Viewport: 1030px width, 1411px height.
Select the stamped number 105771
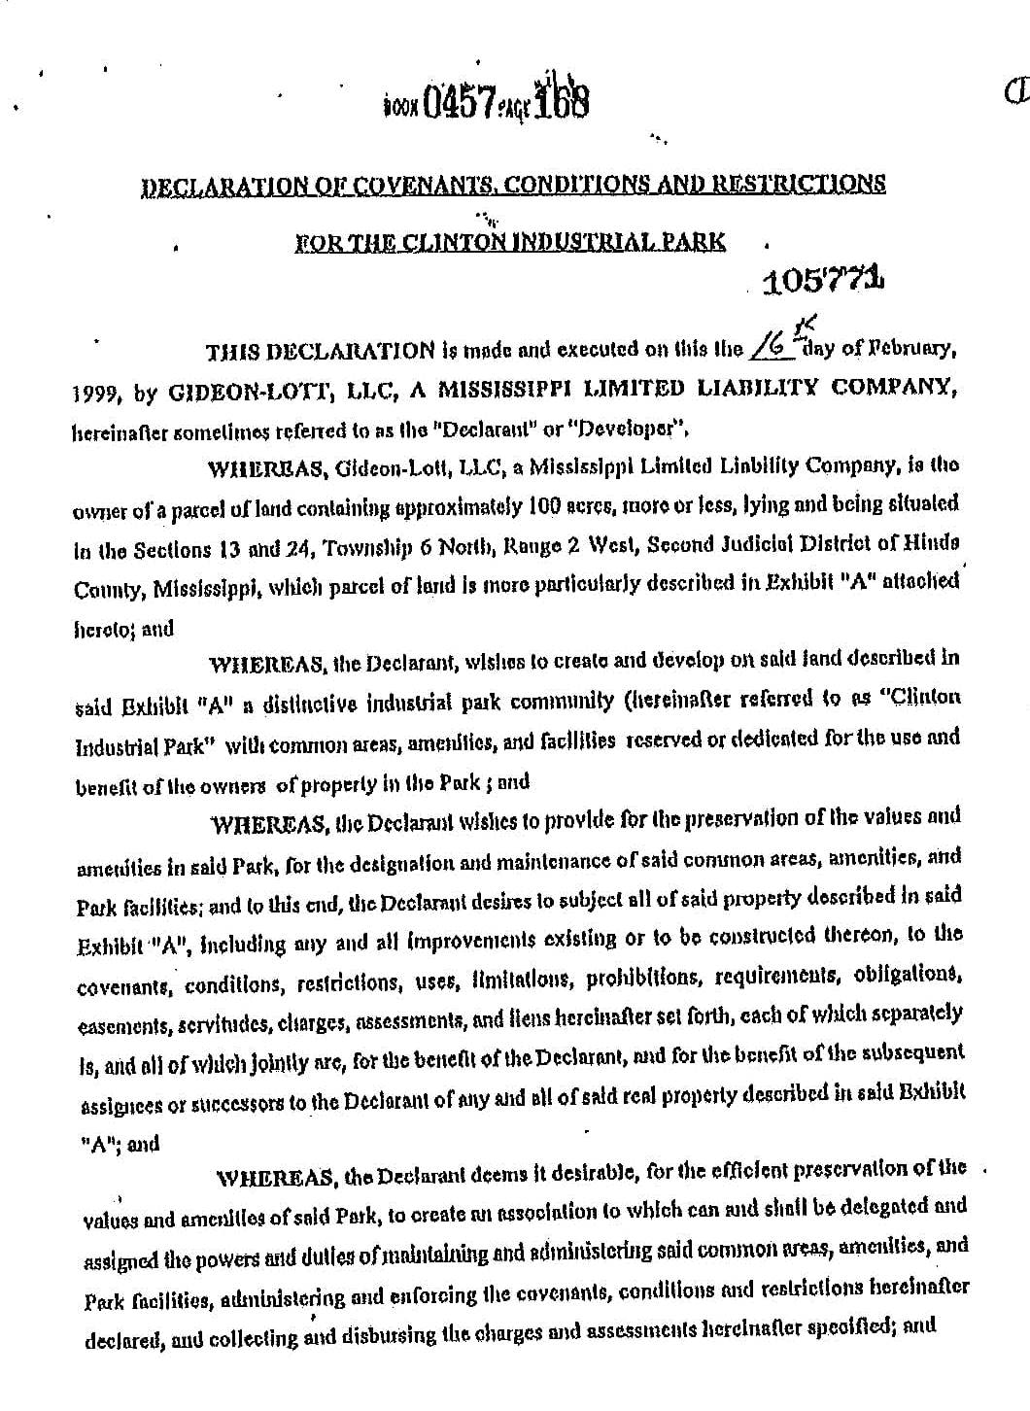coord(825,282)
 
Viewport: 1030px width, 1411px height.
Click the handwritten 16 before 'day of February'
coord(775,348)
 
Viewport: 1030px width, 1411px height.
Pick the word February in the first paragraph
coord(920,349)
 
